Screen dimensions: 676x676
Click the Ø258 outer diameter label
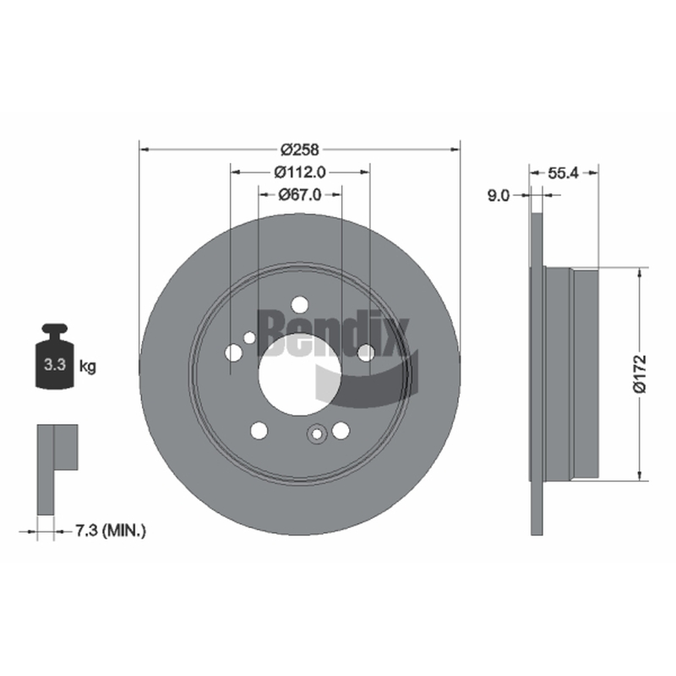[x=300, y=150]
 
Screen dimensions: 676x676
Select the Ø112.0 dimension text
[x=300, y=172]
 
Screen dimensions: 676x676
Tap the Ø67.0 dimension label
[x=300, y=195]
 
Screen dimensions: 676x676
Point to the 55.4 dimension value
[x=563, y=173]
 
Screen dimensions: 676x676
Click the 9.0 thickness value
[x=499, y=196]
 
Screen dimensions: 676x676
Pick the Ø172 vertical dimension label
[x=641, y=373]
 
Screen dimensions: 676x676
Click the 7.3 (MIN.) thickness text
[x=111, y=531]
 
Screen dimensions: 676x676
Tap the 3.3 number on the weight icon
[x=55, y=365]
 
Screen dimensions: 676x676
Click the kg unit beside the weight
[x=88, y=367]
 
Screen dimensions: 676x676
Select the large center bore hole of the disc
[x=300, y=374]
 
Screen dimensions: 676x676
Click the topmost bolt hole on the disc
[x=300, y=305]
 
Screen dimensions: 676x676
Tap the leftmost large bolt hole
[x=234, y=352]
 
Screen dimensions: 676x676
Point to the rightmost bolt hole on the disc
[x=366, y=352]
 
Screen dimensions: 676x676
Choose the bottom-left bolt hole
[x=259, y=430]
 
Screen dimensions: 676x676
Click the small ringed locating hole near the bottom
[x=317, y=433]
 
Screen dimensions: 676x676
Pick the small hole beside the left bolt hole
[x=249, y=337]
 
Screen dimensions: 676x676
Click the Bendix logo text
[x=333, y=333]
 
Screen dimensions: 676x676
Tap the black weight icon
[x=55, y=357]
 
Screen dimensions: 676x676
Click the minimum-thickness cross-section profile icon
[x=57, y=470]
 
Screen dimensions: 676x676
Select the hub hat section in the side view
[x=571, y=373]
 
